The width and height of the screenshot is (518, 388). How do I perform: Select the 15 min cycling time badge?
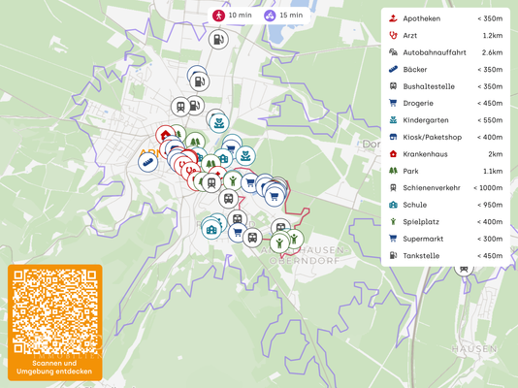tap(282, 16)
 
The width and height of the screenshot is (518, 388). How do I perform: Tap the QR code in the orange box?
tap(54, 312)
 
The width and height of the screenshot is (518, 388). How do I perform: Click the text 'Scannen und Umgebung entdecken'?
tap(54, 367)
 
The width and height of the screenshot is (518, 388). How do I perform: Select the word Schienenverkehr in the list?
tap(432, 187)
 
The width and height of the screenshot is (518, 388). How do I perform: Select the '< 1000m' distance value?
tap(488, 187)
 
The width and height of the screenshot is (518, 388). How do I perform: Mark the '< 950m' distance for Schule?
tap(490, 205)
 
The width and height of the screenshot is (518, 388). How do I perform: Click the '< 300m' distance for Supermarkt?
tap(490, 239)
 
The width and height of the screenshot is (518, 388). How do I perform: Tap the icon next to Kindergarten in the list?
tap(392, 120)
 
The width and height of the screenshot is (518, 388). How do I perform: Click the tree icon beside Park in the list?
tap(392, 171)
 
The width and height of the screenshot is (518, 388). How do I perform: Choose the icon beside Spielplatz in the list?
tap(392, 221)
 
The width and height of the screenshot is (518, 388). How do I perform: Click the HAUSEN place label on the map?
tap(474, 348)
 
